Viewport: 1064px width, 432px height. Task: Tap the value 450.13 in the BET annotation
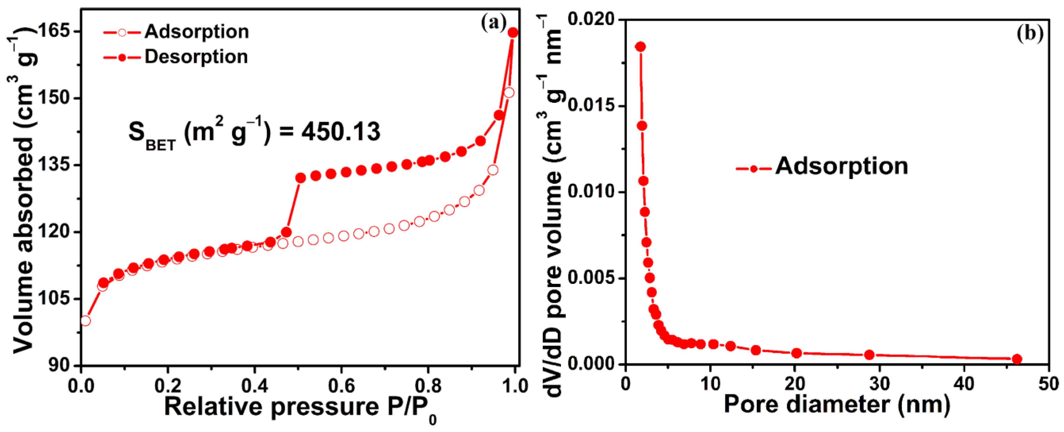tap(340, 132)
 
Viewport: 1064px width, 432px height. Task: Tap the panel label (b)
tap(1030, 33)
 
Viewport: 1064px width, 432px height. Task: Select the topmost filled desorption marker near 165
tap(513, 33)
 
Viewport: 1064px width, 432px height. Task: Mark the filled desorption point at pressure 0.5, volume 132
tap(300, 178)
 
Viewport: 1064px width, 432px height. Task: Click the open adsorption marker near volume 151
tap(509, 93)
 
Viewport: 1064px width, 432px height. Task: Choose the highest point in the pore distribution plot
tap(641, 47)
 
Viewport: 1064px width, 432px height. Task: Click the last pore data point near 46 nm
tap(1017, 359)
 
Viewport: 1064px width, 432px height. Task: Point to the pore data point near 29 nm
tap(869, 355)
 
